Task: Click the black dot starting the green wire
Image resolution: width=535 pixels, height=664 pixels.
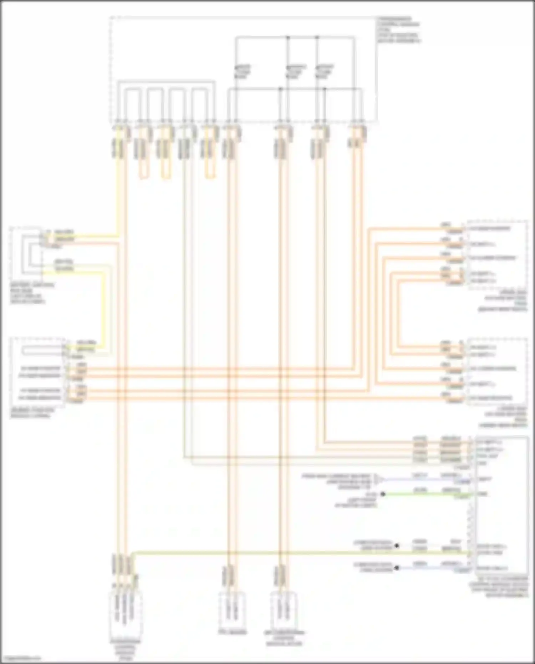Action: click(383, 494)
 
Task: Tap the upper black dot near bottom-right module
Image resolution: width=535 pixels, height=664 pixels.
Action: click(396, 546)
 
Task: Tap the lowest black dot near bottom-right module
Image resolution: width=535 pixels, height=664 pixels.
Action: click(396, 568)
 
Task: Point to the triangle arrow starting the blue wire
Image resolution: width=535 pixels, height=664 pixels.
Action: click(377, 479)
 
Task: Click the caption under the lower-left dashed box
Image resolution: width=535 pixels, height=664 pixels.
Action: click(32, 413)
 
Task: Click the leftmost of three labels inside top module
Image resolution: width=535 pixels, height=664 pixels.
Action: click(242, 72)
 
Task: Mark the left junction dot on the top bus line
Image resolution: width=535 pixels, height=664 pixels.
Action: click(288, 37)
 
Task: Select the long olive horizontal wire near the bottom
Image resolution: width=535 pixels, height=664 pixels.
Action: click(285, 553)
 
